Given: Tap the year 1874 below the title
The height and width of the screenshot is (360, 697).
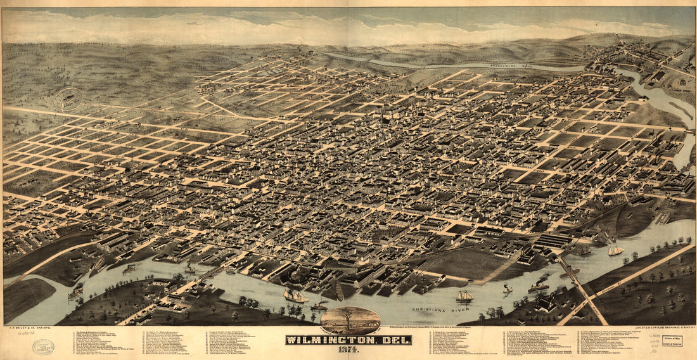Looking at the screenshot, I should click(x=348, y=350).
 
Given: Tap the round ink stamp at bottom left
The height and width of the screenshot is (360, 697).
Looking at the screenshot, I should click(x=43, y=347).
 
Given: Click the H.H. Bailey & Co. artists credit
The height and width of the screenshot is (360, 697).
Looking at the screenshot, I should click(x=26, y=329).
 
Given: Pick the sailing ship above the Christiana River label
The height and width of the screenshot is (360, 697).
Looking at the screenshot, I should click(x=464, y=296).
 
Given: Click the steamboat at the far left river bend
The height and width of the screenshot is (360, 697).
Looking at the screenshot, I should click(x=75, y=292).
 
